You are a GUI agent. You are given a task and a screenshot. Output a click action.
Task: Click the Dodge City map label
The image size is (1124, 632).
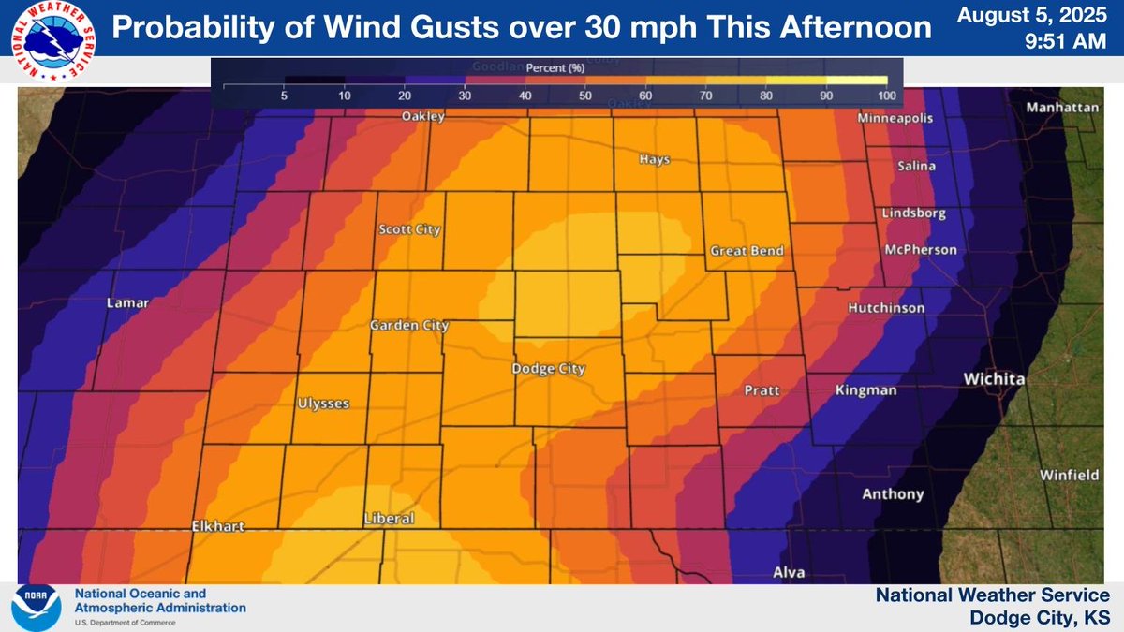point(548,369)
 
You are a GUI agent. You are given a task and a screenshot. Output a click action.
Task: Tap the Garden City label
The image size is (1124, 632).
point(409,326)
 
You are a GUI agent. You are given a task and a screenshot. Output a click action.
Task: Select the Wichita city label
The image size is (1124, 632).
point(995,379)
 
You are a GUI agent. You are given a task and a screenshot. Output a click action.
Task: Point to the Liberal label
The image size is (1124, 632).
point(389,518)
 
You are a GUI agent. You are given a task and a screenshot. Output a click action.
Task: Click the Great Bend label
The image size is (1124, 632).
point(747,251)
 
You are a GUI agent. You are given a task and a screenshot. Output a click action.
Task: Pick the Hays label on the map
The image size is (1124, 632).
point(655,159)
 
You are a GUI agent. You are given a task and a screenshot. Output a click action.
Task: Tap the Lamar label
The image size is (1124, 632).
point(128,303)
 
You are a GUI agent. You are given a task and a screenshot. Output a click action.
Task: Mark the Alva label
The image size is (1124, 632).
point(788,572)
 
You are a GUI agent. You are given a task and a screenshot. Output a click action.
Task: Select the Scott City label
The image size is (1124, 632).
point(408,229)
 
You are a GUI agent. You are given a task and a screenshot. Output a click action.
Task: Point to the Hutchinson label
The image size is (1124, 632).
point(886,308)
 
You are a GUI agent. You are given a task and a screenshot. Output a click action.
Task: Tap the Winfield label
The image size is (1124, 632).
point(1069,475)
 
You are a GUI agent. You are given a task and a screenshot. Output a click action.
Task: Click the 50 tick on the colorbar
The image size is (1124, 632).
point(584,96)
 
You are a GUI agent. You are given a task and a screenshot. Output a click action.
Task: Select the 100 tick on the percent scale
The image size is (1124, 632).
point(887,96)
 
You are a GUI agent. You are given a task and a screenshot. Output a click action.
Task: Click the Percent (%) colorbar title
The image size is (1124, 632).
point(556,68)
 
